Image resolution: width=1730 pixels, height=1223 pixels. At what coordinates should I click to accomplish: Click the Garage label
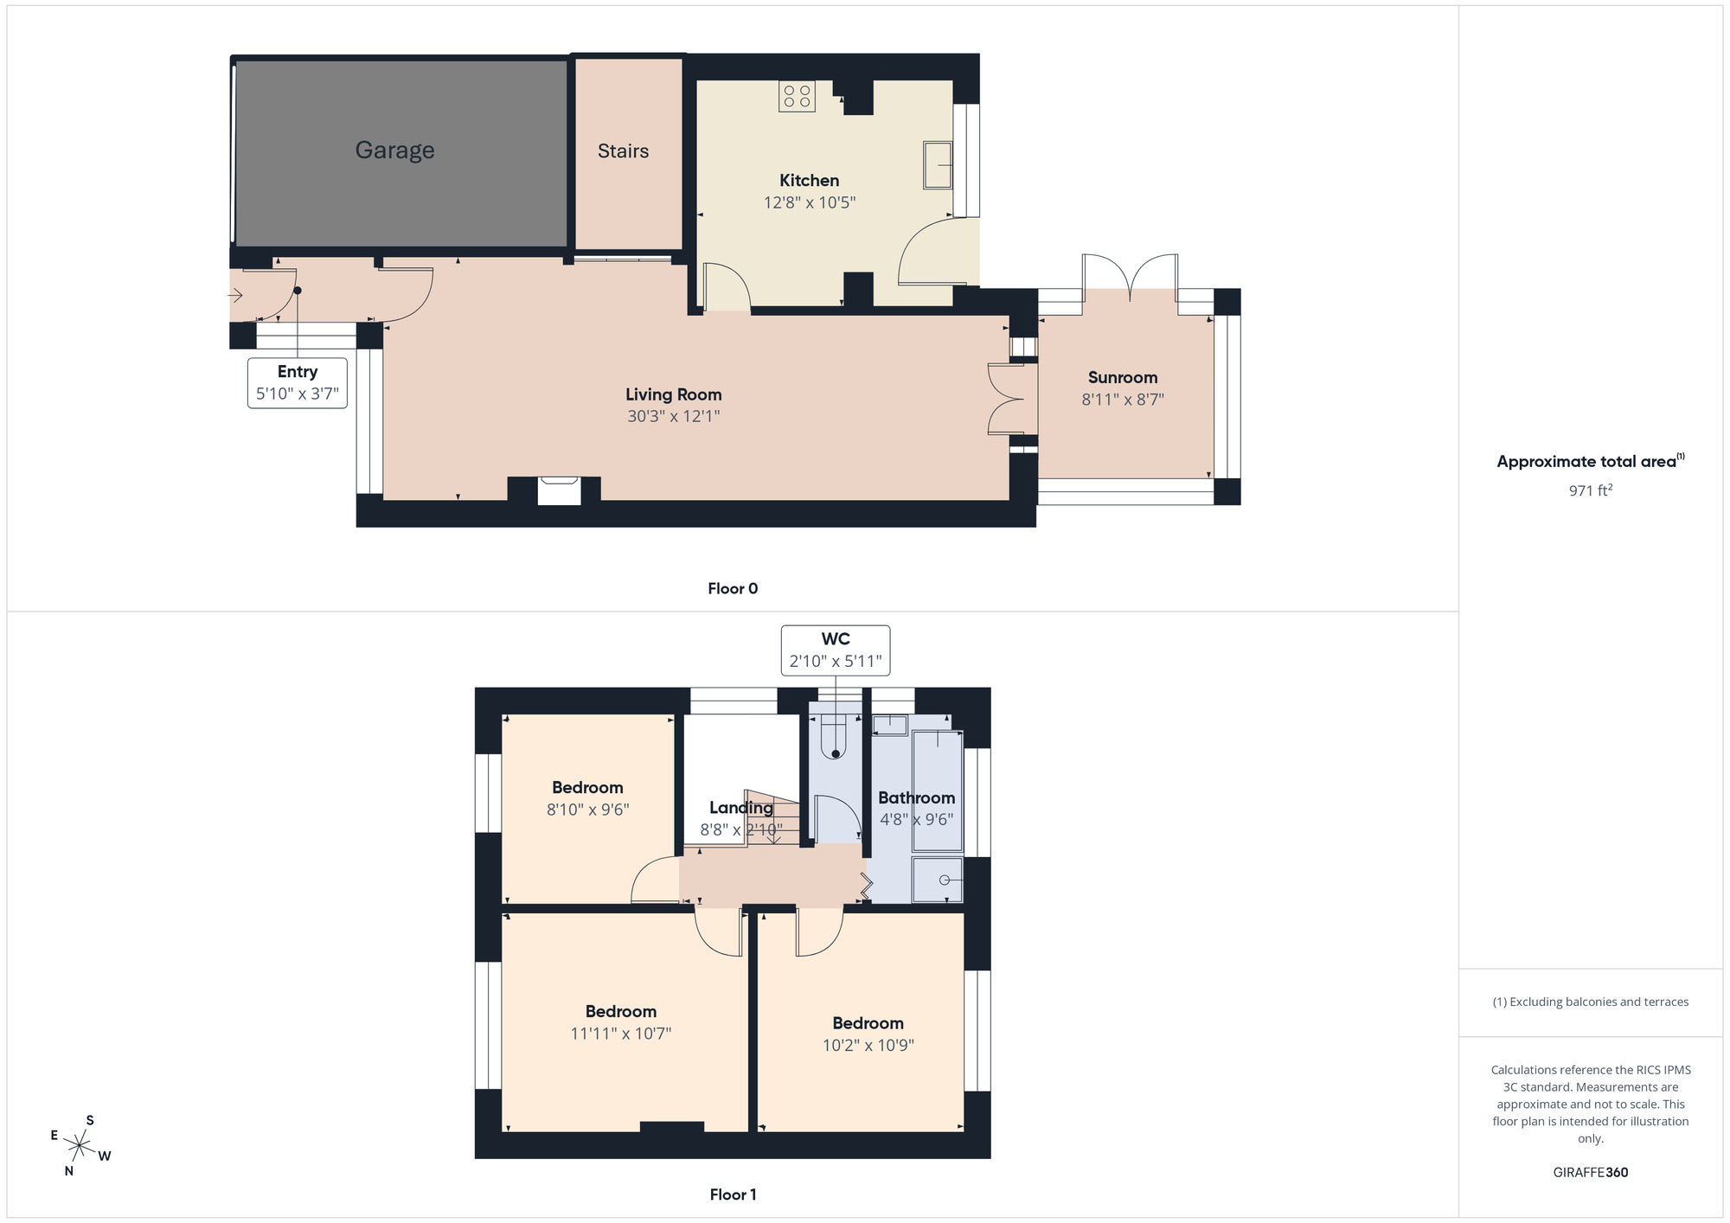tap(394, 150)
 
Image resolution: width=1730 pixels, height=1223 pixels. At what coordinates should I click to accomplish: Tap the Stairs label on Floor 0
tap(623, 151)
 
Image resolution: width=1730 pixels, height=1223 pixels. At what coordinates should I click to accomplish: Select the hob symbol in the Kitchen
tap(797, 96)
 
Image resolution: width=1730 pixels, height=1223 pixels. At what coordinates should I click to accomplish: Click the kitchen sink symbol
tap(937, 164)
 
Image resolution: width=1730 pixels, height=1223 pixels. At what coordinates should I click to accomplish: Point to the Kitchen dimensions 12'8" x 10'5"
tap(809, 202)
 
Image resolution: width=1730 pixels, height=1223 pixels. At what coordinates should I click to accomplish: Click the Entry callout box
tap(297, 382)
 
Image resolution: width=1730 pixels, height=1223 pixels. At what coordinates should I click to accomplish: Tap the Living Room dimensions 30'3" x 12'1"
tap(673, 416)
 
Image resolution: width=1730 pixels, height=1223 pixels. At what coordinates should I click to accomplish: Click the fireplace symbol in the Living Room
tap(559, 490)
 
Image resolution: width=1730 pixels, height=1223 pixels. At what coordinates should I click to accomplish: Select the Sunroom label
tap(1122, 377)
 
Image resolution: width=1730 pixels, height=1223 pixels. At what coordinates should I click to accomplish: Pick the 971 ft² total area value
tap(1590, 490)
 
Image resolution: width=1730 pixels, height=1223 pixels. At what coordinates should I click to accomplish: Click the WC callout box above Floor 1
tap(835, 650)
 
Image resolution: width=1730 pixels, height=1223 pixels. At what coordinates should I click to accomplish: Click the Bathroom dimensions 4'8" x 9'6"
tap(916, 819)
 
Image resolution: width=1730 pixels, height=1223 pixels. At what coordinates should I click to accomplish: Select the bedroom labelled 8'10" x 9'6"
tap(587, 797)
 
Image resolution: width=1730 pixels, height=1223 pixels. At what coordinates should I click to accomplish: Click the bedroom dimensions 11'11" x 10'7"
tap(620, 1033)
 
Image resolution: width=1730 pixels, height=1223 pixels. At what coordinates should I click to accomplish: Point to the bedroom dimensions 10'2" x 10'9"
tap(868, 1045)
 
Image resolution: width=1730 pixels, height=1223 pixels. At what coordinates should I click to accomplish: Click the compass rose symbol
tap(80, 1146)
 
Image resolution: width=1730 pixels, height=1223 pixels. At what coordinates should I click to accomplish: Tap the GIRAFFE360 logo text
tap(1590, 1172)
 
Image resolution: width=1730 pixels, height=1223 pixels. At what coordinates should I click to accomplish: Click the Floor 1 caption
tap(733, 1194)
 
